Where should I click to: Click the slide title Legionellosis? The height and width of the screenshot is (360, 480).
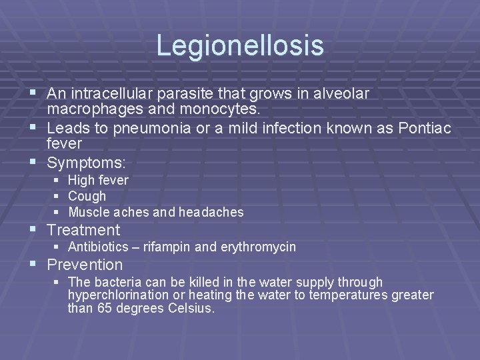[239, 45]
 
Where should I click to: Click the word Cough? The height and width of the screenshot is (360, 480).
[87, 196]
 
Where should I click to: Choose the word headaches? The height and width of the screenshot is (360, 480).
[209, 213]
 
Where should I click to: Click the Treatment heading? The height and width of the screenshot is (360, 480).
[83, 231]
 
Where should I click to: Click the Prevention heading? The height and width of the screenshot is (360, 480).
[85, 265]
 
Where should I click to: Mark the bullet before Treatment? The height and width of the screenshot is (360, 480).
[33, 231]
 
